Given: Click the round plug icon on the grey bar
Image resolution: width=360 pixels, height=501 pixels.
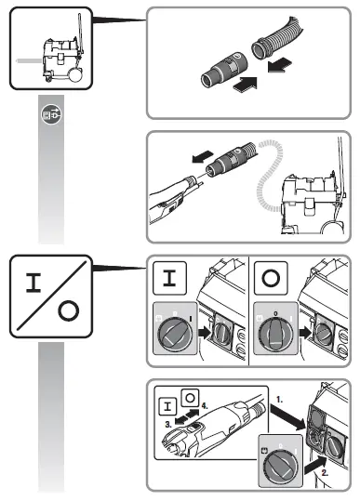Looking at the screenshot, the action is pos(51,114).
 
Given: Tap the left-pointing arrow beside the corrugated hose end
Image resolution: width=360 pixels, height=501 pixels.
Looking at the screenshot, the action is pos(280,65).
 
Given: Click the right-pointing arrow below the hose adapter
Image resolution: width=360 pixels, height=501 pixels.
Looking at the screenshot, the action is pos(246,85).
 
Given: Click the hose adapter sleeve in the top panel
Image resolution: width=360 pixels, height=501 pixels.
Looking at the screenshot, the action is pos(224,70).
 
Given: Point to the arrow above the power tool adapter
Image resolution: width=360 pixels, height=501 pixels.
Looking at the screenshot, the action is pos(202,156).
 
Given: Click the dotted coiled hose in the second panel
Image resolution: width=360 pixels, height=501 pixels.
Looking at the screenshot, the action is pos(270,175).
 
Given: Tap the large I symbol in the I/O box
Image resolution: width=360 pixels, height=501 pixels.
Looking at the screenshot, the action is pos(33,283).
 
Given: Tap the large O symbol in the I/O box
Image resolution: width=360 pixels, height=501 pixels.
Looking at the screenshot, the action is pos(69,310).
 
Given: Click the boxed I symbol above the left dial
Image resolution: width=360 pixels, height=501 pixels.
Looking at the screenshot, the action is pos(169,278).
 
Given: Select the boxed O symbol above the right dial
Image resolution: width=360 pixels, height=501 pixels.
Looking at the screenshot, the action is pos(271,278).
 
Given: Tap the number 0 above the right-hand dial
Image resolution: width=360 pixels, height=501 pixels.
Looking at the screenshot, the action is pos(275,314).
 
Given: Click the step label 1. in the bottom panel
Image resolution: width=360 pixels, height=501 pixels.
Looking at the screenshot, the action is pos(279,400).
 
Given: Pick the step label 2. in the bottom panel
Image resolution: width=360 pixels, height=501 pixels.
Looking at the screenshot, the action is pos(325,473).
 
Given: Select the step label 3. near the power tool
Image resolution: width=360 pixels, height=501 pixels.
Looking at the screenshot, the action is pos(168,425).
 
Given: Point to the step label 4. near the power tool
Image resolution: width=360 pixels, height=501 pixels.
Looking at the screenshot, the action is pos(205,406).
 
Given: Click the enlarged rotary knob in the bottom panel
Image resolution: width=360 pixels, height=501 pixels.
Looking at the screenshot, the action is pos(280,468).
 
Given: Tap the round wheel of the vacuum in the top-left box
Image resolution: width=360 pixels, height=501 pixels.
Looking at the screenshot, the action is pos(75,75).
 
